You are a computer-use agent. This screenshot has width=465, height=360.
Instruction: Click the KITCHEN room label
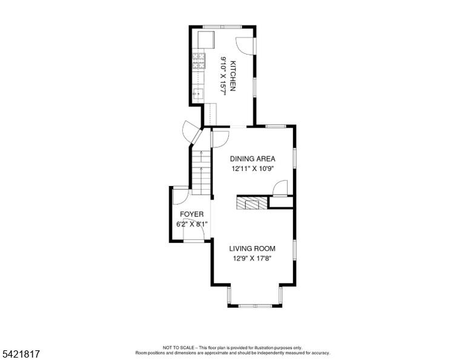coord(233,76)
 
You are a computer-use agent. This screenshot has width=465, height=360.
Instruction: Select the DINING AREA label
coord(252,159)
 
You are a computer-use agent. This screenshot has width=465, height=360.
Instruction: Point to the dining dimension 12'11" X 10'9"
coord(252,169)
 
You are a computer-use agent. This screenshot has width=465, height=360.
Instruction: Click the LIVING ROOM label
coord(252,248)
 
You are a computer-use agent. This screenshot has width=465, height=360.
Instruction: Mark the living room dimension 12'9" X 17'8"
coord(252,259)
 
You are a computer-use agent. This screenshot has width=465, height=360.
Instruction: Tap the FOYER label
coord(192,215)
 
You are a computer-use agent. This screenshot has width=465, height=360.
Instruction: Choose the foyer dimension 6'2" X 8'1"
coord(191,224)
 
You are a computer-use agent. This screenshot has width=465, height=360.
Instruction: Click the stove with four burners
coord(199,61)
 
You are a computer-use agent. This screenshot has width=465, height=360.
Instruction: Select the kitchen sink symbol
coord(198,94)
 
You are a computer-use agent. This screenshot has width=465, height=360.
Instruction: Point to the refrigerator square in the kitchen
coord(206,40)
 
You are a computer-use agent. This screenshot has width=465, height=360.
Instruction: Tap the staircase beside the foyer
coord(202,172)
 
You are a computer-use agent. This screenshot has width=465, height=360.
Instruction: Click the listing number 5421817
coord(21,354)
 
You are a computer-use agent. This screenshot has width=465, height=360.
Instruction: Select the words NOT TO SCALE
coord(178,347)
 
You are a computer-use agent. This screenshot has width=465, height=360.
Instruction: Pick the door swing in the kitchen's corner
coord(246,45)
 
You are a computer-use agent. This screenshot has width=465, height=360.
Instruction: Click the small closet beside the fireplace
coord(280,202)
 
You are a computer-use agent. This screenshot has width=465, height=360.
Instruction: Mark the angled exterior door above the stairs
coord(192,132)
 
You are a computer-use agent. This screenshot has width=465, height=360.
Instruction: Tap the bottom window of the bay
coord(255,305)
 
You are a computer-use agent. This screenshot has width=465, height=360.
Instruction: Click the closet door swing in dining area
coord(280,188)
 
